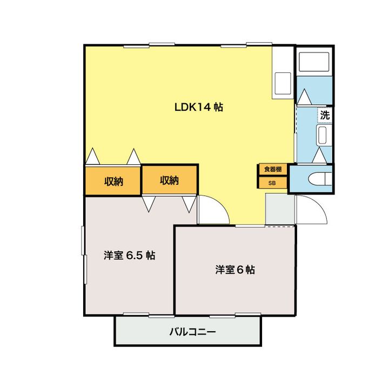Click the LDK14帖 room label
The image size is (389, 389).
click(198, 107)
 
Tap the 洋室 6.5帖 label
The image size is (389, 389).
click(130, 256)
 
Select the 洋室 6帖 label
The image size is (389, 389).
click(235, 269)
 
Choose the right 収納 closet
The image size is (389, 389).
click(169, 180)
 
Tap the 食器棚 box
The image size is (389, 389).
click(272, 169)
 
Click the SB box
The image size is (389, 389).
click(272, 183)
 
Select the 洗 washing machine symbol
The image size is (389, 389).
click(324, 115)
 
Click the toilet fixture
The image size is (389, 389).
click(317, 179)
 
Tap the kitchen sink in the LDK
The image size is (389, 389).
click(283, 82)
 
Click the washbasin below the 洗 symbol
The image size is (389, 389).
click(323, 135)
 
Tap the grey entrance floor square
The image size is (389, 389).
click(279, 209)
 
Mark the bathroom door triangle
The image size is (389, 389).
click(304, 97)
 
